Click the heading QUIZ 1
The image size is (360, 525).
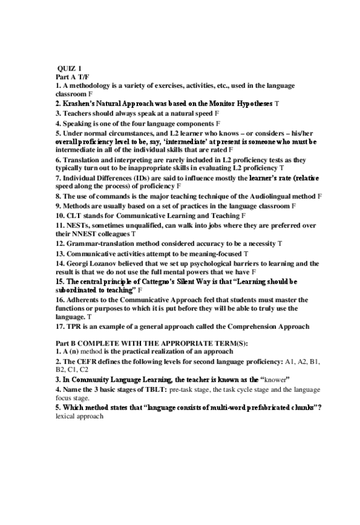point(69,68)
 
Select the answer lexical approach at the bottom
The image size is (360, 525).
point(79,417)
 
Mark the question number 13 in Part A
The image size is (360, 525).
point(59,254)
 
